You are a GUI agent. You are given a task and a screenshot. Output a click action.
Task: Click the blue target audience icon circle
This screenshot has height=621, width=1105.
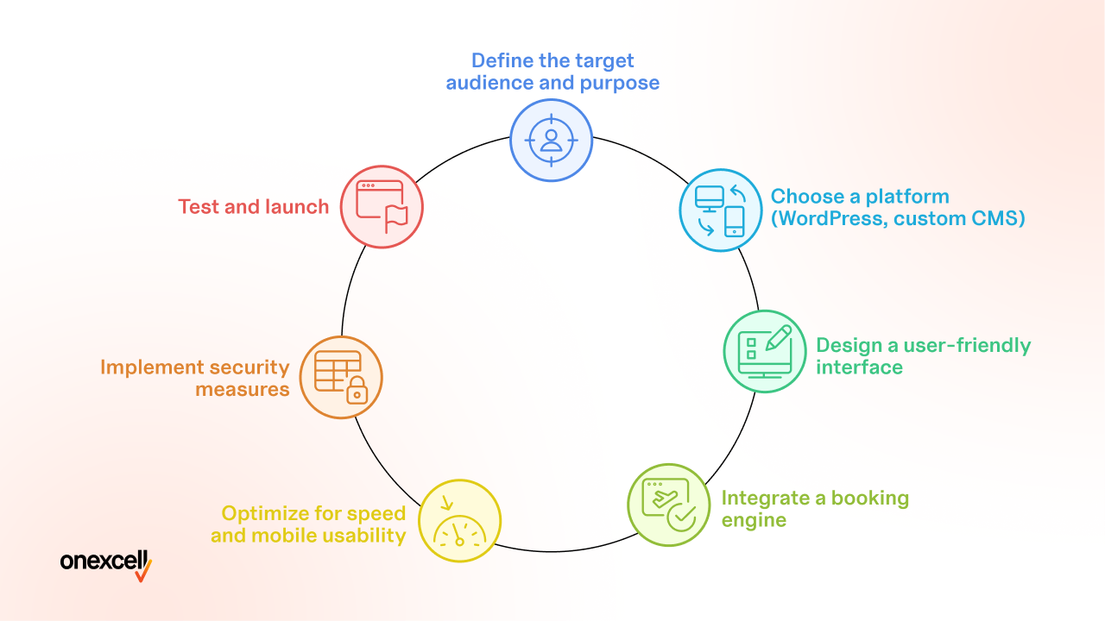[551, 141]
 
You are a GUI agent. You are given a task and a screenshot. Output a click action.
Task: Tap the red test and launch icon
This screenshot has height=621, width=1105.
[382, 207]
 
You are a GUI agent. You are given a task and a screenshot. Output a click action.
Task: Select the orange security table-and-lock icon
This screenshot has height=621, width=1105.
[341, 378]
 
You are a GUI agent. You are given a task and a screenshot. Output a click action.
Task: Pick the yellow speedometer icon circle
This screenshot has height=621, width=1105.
[460, 521]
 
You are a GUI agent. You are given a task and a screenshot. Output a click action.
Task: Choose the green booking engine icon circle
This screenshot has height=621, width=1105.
[669, 505]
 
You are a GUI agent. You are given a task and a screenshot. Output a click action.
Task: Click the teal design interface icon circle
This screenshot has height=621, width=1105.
[765, 351]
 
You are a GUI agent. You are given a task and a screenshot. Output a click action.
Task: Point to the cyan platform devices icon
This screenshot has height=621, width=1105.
[721, 210]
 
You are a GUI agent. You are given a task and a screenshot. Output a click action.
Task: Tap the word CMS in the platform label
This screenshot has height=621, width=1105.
[997, 218]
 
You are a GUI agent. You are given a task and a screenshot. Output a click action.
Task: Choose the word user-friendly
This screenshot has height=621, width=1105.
[967, 346]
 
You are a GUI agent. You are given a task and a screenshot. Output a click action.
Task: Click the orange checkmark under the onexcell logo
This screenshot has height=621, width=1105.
[143, 572]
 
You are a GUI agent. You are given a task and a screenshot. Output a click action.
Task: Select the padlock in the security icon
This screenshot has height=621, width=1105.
[357, 391]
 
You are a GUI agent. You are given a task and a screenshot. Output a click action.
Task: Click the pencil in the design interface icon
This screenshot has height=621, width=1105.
[778, 338]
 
